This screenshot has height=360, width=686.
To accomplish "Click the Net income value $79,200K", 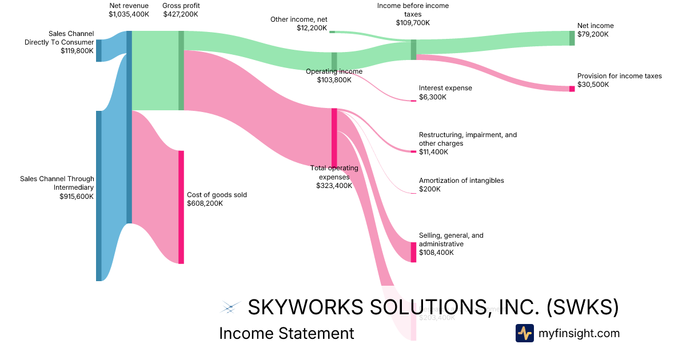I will pyautogui.click(x=593, y=34).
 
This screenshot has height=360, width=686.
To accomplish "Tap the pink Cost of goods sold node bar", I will pyautogui.click(x=181, y=207).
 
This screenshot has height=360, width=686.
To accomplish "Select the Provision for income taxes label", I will pyautogui.click(x=619, y=76).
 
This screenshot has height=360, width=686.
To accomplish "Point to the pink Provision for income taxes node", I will pyautogui.click(x=572, y=89).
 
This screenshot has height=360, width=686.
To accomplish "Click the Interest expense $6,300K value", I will pyautogui.click(x=433, y=97).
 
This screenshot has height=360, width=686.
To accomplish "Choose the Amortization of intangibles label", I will pyautogui.click(x=461, y=181).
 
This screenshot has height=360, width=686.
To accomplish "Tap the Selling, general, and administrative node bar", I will pyautogui.click(x=413, y=252).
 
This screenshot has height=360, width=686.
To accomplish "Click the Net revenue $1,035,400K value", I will pyautogui.click(x=129, y=14).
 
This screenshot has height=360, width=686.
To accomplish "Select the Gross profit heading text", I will pyautogui.click(x=181, y=6).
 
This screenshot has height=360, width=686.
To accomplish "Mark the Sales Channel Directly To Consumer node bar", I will pyautogui.click(x=99, y=50).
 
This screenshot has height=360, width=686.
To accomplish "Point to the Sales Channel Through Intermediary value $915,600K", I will pyautogui.click(x=77, y=196).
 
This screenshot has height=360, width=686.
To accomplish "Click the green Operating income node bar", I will pyautogui.click(x=334, y=61).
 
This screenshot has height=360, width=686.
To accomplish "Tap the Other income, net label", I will pyautogui.click(x=299, y=19).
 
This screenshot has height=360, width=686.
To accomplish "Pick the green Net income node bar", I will pyautogui.click(x=572, y=38).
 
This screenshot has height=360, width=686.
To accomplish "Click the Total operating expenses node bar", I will pyautogui.click(x=334, y=137).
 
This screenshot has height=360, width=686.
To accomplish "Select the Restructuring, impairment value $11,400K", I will pyautogui.click(x=433, y=152).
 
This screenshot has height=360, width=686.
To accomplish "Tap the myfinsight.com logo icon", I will pyautogui.click(x=524, y=333).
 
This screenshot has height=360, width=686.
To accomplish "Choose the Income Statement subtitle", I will pyautogui.click(x=286, y=333).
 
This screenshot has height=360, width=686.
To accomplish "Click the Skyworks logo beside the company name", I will pyautogui.click(x=229, y=307).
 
